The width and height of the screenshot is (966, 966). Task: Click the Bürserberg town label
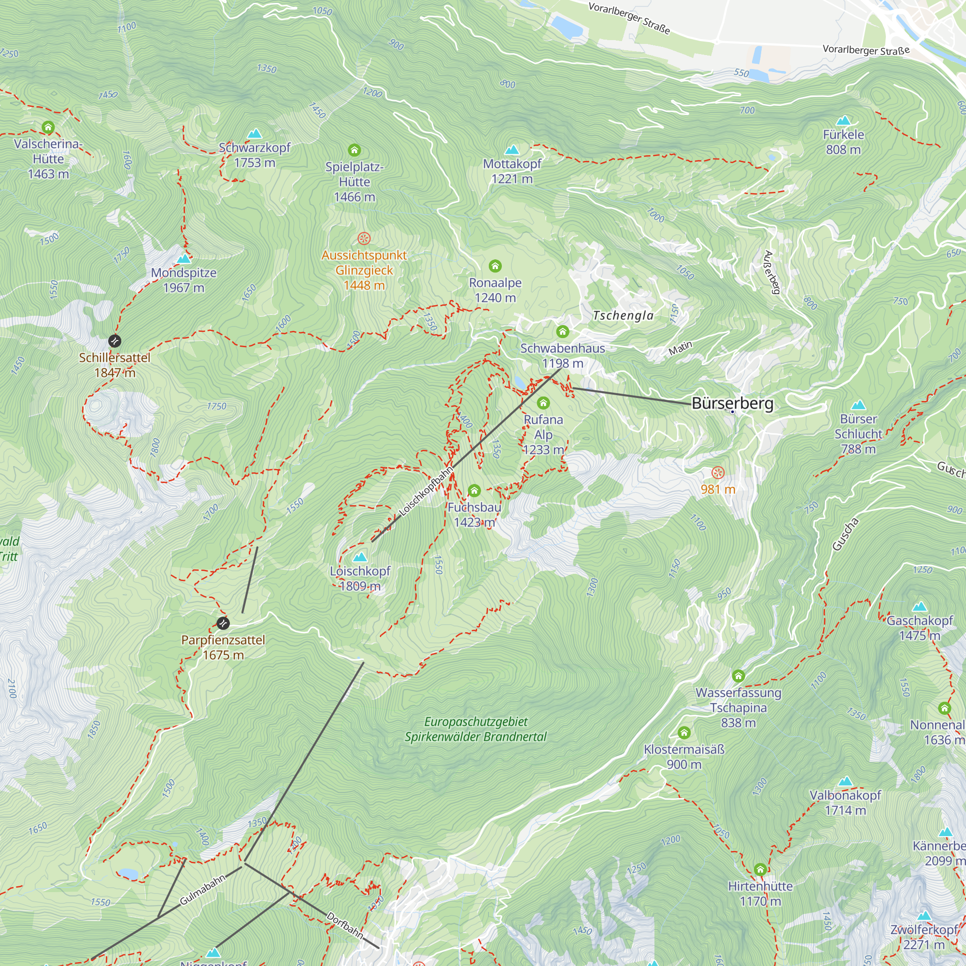[732, 403]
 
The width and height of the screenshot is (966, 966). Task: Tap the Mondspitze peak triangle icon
[184, 258]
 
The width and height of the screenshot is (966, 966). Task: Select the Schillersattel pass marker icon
[114, 341]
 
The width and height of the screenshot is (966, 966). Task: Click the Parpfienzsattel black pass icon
[223, 623]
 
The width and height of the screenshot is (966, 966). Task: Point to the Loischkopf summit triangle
[360, 557]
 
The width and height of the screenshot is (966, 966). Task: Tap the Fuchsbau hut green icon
[474, 491]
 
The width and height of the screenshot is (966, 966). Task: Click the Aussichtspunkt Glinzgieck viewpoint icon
[364, 238]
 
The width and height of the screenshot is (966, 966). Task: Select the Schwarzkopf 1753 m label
[255, 155]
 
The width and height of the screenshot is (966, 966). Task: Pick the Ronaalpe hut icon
[495, 266]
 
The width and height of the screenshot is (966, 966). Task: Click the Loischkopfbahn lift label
[426, 491]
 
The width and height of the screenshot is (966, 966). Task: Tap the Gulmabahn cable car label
[202, 890]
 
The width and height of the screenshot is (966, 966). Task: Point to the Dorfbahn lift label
[344, 924]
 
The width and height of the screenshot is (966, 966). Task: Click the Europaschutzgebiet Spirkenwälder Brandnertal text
[475, 729]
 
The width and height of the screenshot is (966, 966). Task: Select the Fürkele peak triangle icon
[843, 120]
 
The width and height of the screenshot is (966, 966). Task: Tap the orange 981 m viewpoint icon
[718, 472]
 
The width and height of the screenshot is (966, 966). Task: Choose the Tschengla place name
[623, 315]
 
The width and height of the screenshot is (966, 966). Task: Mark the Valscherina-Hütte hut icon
[48, 127]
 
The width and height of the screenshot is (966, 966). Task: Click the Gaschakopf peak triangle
[920, 607]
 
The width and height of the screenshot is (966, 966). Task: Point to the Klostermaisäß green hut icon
[684, 733]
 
